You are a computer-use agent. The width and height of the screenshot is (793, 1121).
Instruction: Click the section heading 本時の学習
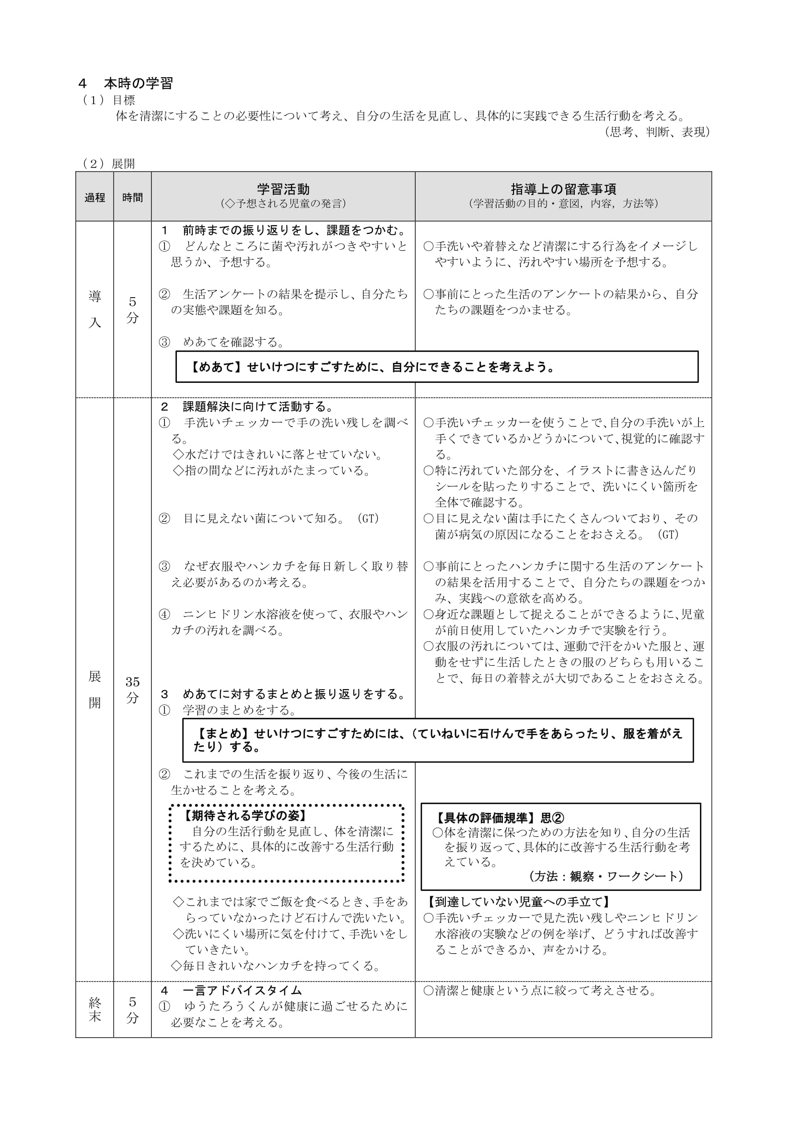138,83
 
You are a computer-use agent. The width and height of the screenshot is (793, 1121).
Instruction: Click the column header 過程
95,197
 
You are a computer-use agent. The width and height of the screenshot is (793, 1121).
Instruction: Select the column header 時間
132,197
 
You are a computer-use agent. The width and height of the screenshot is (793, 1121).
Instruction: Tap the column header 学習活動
283,189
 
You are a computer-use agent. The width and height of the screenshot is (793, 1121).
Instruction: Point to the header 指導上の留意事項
563,189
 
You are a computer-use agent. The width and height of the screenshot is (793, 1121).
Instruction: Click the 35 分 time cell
132,689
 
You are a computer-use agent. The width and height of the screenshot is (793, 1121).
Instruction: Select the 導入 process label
95,309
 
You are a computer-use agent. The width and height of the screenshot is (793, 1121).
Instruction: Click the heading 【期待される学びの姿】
245,815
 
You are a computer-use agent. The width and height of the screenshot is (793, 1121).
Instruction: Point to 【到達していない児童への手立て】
519,902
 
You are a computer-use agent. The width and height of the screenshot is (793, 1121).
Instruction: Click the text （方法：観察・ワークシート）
606,877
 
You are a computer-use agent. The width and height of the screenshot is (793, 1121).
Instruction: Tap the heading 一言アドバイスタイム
242,990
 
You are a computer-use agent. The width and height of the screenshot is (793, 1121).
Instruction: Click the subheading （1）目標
109,100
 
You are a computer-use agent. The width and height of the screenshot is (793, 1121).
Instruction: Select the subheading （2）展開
108,163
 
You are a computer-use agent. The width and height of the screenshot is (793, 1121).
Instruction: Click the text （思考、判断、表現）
657,132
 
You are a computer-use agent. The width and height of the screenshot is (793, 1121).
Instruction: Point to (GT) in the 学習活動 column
368,519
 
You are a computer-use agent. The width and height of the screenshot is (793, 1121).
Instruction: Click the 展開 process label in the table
95,689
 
